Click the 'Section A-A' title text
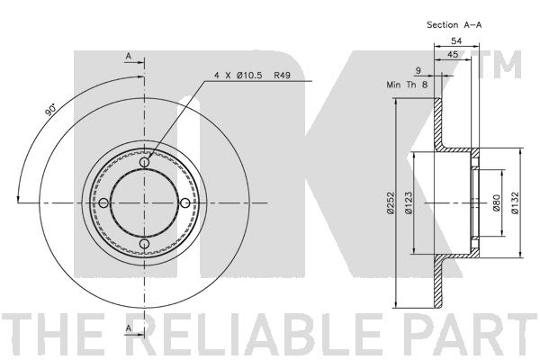tap(454, 25)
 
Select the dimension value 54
tap(456, 41)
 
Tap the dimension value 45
tap(453, 54)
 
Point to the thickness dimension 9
tap(418, 70)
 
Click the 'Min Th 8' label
tap(407, 85)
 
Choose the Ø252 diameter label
tap(391, 203)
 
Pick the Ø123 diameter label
tap(409, 203)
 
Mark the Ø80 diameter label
tap(496, 202)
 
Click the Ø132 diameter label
tap(515, 203)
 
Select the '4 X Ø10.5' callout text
tap(238, 75)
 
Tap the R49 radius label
tap(283, 75)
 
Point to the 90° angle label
tap(50, 109)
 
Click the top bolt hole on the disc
tap(144, 162)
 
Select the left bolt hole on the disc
tap(103, 202)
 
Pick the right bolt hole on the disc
tap(185, 202)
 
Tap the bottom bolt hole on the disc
tap(144, 244)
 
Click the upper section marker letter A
tap(129, 56)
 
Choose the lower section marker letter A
tap(129, 328)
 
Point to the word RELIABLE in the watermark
tap(261, 334)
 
